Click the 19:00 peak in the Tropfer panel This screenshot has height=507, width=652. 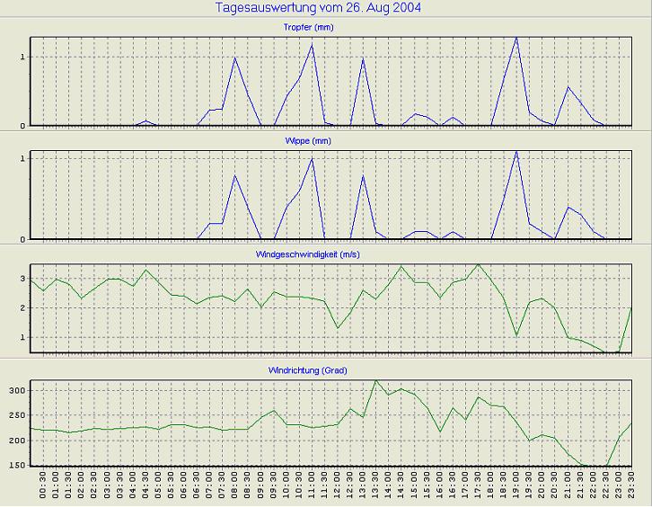[516, 38]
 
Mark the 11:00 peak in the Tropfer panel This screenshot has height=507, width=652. [313, 45]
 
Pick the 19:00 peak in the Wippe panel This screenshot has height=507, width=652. [516, 152]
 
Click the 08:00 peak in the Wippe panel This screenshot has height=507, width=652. [235, 175]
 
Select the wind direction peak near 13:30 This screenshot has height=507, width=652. [375, 380]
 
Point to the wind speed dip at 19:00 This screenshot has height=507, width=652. [516, 336]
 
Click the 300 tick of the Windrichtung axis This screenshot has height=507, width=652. [17, 391]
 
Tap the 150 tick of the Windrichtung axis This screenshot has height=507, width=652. [17, 466]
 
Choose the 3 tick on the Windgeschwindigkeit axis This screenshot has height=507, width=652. [22, 280]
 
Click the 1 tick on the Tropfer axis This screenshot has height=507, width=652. [22, 58]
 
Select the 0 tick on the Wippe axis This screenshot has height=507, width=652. [22, 239]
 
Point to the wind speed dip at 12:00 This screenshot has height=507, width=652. [338, 327]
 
